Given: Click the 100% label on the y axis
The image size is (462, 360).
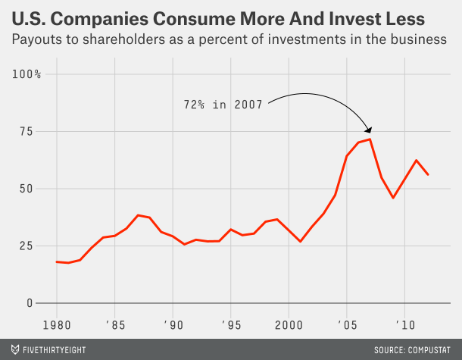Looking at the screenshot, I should [27, 74].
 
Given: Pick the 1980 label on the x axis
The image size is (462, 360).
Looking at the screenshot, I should [57, 324].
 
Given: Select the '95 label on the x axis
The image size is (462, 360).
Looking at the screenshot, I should [230, 324].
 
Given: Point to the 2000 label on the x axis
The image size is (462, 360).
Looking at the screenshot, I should [289, 324].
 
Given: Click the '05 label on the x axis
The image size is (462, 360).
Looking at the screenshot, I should [346, 324].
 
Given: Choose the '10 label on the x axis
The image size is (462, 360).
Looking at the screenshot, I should [404, 324].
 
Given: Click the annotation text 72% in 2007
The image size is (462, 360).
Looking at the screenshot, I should [223, 105].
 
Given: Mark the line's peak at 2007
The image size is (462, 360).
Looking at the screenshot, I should [370, 139].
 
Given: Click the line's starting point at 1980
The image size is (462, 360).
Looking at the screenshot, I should [57, 261].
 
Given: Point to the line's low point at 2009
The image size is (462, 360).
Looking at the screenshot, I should [393, 198].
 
